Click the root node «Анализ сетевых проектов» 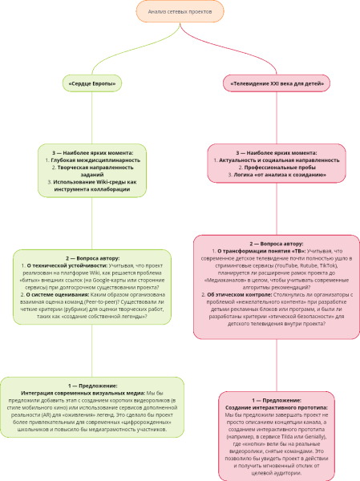click(x=180, y=13)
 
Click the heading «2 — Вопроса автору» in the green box click(x=91, y=257)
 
